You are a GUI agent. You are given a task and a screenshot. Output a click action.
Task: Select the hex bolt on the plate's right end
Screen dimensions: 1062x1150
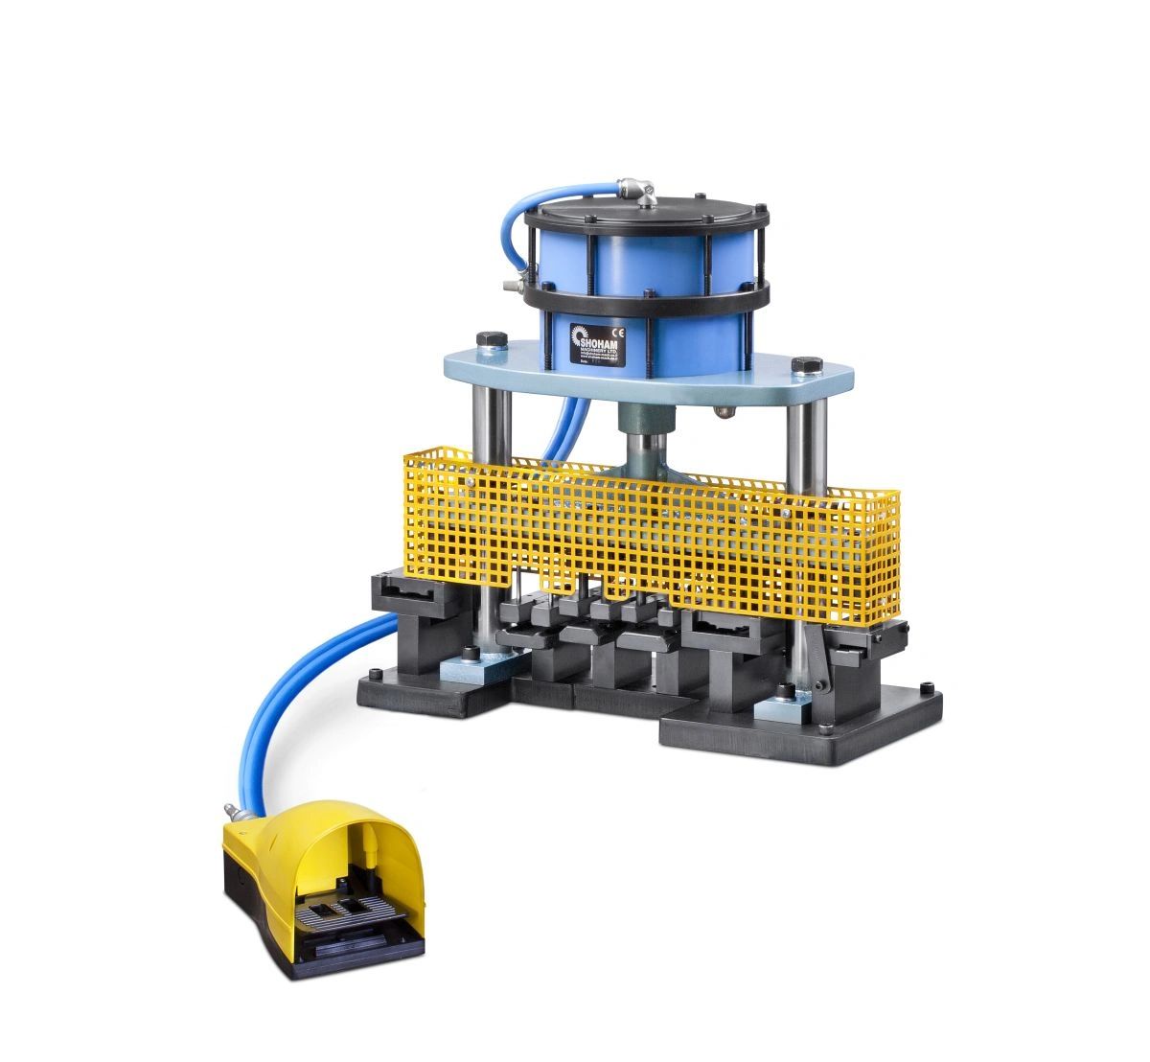803,365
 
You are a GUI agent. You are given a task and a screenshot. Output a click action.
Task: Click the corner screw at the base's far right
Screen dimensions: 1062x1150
925,687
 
